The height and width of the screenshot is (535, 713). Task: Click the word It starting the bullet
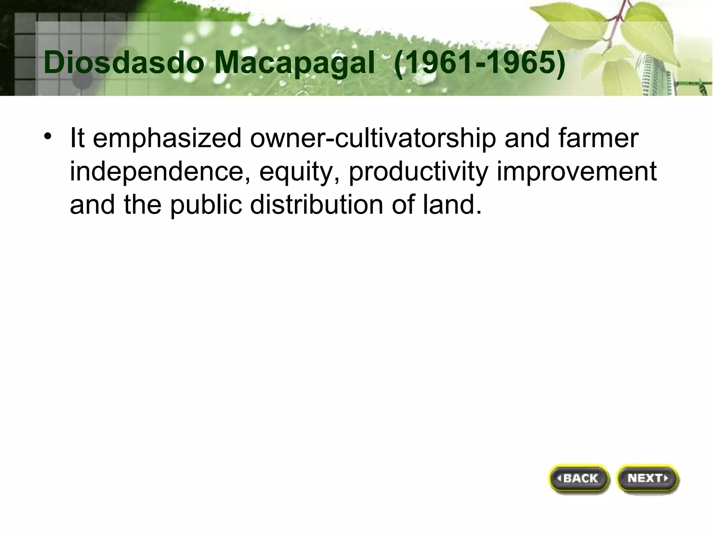pos(77,138)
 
